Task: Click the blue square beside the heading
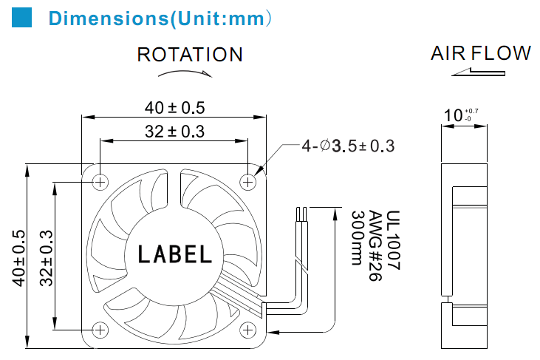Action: click(x=21, y=17)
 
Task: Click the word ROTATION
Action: click(x=190, y=55)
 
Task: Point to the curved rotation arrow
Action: click(x=185, y=73)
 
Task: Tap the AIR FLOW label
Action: click(x=480, y=53)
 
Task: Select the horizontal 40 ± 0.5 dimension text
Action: click(x=174, y=108)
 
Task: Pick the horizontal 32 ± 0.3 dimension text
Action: click(x=174, y=132)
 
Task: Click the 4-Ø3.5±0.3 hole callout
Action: click(x=348, y=146)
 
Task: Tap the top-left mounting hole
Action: click(x=100, y=182)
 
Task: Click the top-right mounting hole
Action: click(x=247, y=182)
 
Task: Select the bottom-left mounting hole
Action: click(x=100, y=330)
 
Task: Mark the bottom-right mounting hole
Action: click(x=247, y=330)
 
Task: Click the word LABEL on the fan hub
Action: click(x=174, y=254)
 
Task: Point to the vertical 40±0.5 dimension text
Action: click(x=19, y=258)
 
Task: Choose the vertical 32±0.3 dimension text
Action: click(x=46, y=258)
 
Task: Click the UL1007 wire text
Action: click(x=393, y=240)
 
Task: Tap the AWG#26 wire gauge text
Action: click(x=375, y=245)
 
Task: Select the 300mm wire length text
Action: click(x=358, y=238)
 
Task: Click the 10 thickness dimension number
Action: click(x=453, y=115)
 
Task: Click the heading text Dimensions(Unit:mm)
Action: click(x=160, y=18)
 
